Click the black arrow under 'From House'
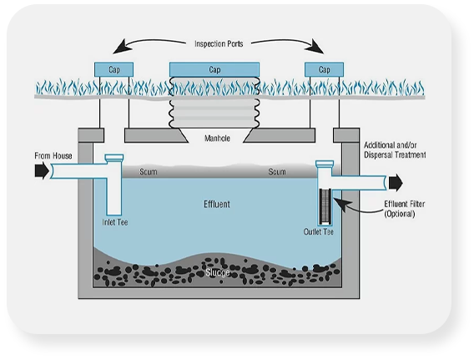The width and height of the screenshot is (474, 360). pyautogui.click(x=39, y=171)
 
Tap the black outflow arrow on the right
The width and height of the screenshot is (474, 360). pyautogui.click(x=394, y=180)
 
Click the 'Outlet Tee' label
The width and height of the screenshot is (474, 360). pyautogui.click(x=320, y=231)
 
